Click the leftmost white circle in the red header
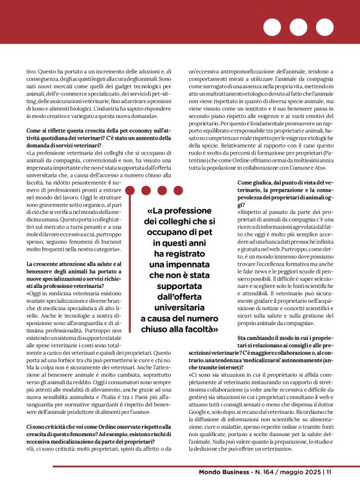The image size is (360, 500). (x=272, y=27)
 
